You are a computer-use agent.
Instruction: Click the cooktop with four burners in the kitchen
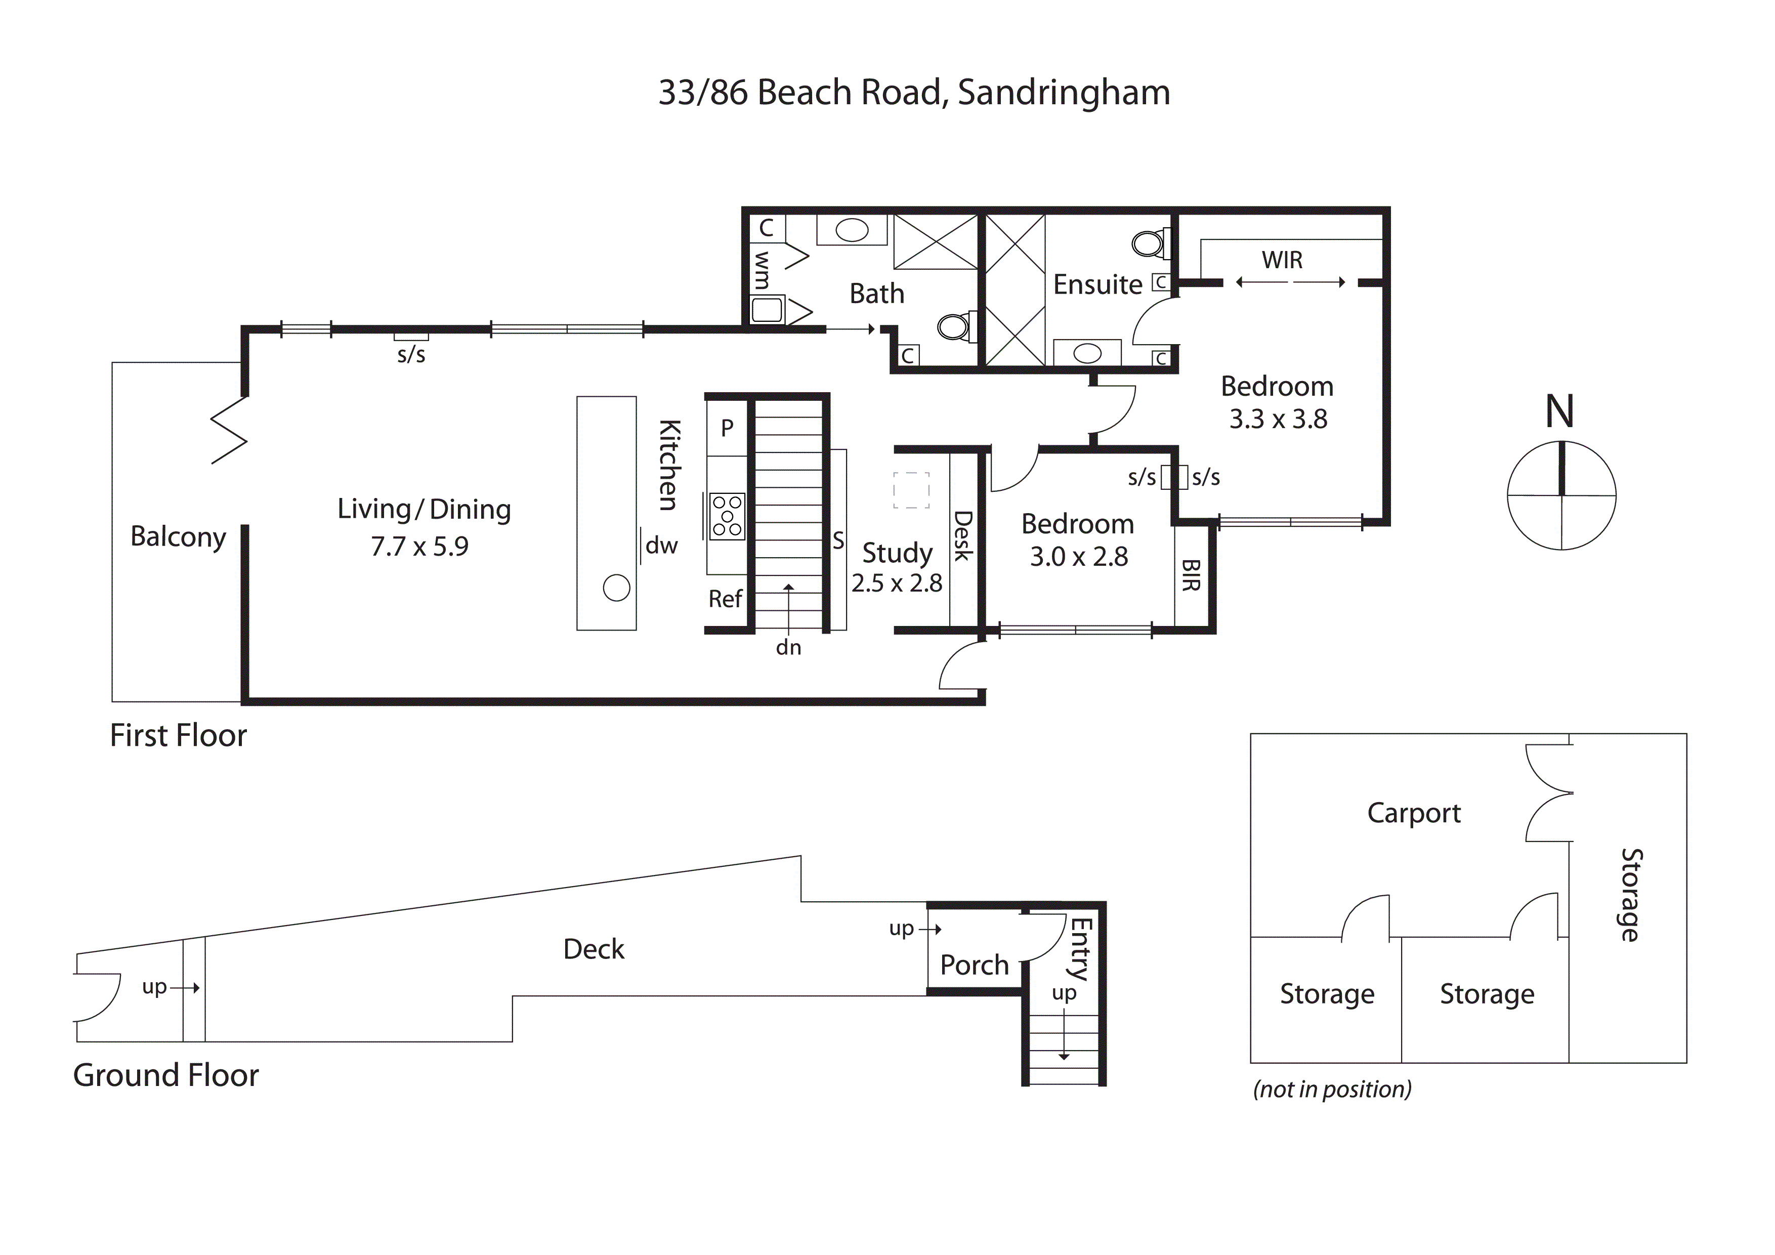(x=727, y=516)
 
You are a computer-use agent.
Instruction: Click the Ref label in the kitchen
(x=725, y=599)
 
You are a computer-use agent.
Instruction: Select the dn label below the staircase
(x=788, y=647)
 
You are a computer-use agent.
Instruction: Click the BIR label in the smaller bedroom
(x=1191, y=575)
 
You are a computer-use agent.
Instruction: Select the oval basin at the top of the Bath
(x=852, y=230)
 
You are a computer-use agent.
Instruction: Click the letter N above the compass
(x=1559, y=411)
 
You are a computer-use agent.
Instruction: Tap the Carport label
(x=1413, y=813)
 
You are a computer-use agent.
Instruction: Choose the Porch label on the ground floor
(x=974, y=965)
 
